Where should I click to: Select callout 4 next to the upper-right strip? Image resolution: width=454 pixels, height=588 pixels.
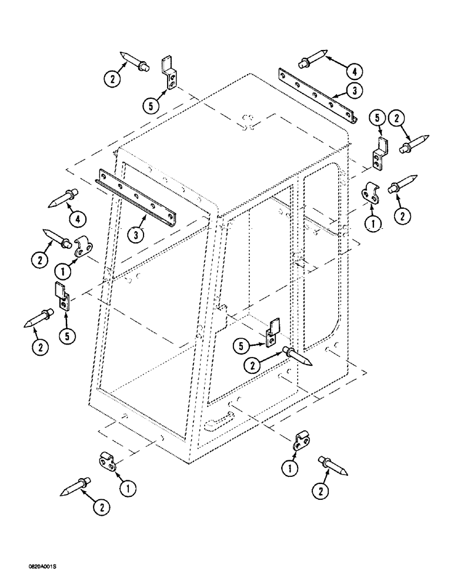[x=354, y=72]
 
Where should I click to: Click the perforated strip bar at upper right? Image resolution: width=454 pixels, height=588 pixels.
[x=318, y=96]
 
